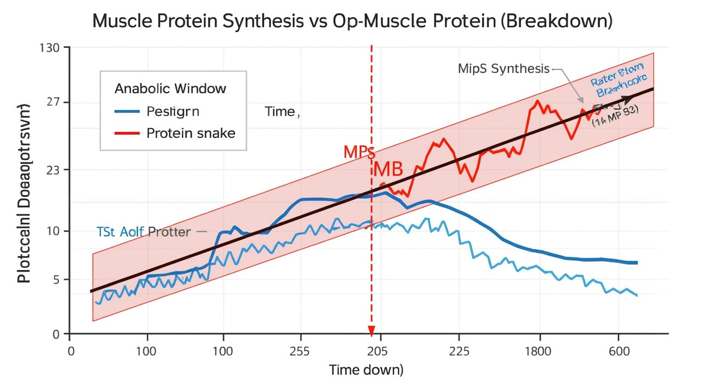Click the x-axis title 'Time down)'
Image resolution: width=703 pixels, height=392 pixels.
tap(366, 370)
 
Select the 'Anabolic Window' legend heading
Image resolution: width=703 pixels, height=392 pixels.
tap(170, 88)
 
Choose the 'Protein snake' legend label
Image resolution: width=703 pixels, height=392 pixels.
tap(191, 133)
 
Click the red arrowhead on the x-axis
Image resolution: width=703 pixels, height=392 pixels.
tap(371, 331)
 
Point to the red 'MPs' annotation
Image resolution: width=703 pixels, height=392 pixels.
tap(359, 152)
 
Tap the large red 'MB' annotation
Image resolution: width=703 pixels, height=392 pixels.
tap(388, 170)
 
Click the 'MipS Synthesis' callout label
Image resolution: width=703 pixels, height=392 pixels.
tap(503, 69)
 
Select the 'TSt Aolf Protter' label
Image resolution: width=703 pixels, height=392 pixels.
tap(143, 232)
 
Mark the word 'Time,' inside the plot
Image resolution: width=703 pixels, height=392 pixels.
tap(282, 111)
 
